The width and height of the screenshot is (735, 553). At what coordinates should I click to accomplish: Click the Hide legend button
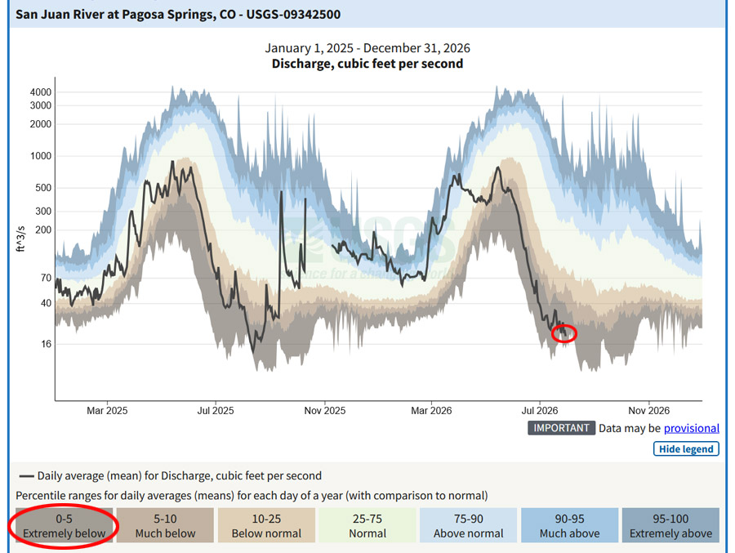point(686,449)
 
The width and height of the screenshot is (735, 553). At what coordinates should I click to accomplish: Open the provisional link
point(692,428)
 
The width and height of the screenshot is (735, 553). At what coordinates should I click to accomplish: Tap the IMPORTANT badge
point(561,428)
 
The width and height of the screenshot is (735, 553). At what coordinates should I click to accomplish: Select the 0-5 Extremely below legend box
point(65,526)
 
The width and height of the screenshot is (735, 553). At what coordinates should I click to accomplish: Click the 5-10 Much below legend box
point(165,526)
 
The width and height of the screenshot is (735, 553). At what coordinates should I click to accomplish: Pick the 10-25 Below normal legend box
point(266,526)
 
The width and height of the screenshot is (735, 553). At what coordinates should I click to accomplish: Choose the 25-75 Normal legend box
point(367,526)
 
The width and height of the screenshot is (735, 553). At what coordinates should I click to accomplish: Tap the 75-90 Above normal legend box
point(468,526)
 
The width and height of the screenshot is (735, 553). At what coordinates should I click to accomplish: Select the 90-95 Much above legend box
point(569,526)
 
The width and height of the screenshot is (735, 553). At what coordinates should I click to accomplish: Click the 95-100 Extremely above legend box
point(670,526)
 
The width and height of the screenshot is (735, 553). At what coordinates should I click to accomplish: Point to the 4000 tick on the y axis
point(41,92)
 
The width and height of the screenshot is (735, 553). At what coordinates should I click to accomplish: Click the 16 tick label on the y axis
point(46,344)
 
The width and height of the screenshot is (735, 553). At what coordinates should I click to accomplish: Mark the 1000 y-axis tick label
point(41,156)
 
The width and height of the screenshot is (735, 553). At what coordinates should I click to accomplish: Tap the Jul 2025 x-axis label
point(215,411)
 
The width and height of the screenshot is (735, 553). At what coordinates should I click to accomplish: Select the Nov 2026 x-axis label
point(648,411)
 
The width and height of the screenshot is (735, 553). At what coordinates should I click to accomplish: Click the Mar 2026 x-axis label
point(431,411)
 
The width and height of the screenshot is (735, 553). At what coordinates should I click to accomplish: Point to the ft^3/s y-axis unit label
point(21,239)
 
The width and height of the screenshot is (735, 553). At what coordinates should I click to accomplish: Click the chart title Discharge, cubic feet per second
point(367,64)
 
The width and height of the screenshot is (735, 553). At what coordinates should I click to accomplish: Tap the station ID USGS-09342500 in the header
point(293,15)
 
